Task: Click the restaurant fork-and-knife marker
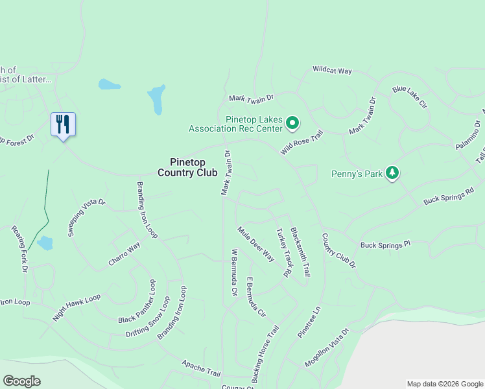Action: [x=63, y=124]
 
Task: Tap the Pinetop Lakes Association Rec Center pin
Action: [x=292, y=122]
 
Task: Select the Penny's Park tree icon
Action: [x=392, y=173]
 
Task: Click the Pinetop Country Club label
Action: [x=187, y=167]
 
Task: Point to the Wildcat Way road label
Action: [x=332, y=69]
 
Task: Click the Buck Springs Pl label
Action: [x=386, y=245]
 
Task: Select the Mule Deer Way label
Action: [x=255, y=244]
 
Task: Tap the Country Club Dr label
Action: [x=339, y=250]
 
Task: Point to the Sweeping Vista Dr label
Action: [x=86, y=217]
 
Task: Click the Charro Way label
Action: [x=124, y=256]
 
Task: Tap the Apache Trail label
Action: [x=201, y=369]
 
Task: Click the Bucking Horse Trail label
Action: [x=265, y=353]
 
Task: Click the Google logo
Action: [x=21, y=381]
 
